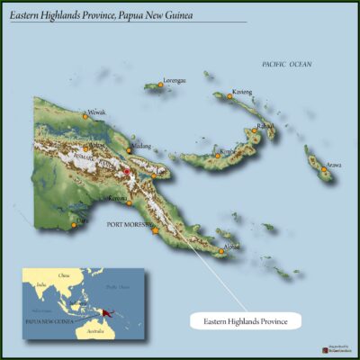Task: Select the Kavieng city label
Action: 242,92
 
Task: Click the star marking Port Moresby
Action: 156,230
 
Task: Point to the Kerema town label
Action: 118,197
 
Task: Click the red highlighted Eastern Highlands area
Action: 128,171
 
